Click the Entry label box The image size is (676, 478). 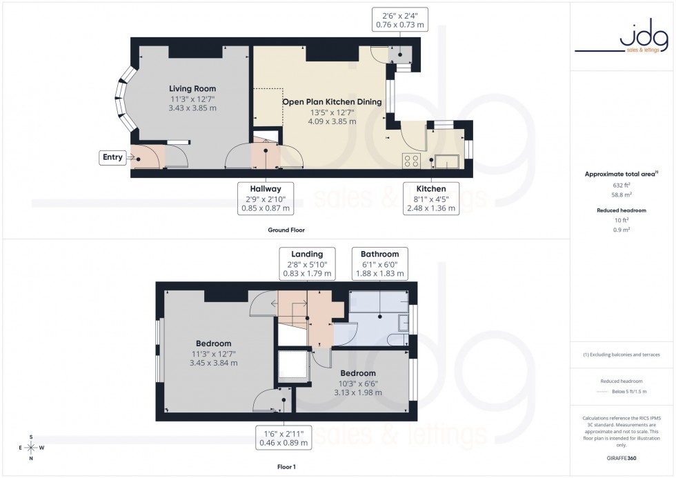[x=112, y=157]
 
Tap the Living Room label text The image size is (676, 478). [x=193, y=89]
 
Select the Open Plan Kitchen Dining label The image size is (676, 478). [x=332, y=102]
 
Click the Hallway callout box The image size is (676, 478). [x=265, y=198]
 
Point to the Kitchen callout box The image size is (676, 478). [x=431, y=198]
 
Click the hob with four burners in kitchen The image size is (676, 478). [x=411, y=161]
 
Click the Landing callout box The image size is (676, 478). [x=306, y=263]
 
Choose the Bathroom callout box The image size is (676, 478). [x=380, y=263]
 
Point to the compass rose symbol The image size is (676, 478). [x=32, y=448]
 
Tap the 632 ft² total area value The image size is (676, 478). [x=622, y=186]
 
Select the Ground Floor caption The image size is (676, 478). [x=286, y=230]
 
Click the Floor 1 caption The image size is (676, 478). [x=286, y=467]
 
